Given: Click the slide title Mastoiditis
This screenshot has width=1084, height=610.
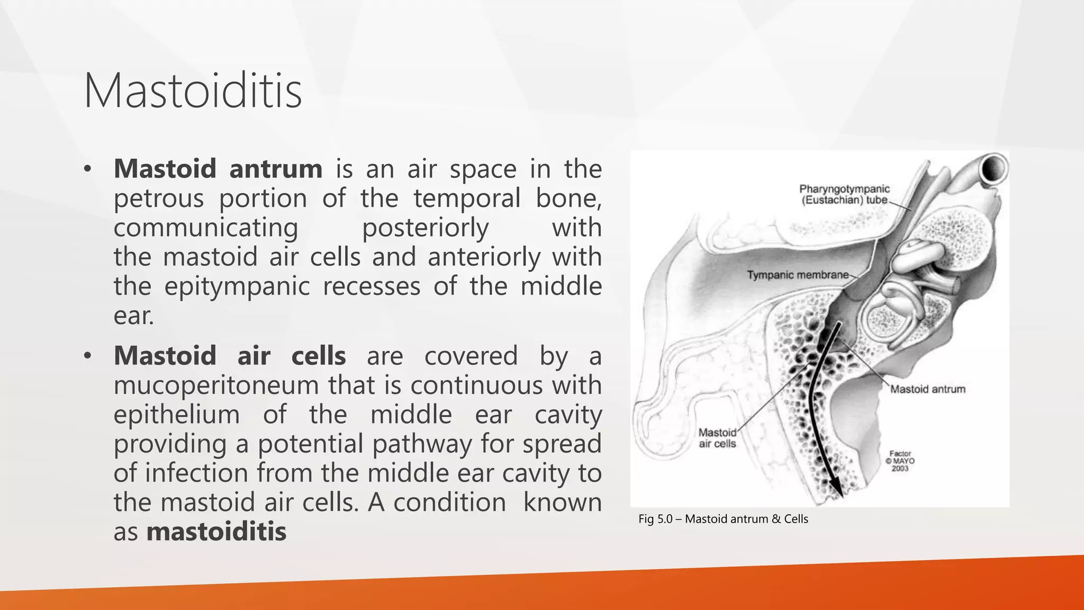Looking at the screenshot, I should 193,91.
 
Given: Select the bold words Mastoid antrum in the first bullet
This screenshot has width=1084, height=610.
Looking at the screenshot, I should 218,169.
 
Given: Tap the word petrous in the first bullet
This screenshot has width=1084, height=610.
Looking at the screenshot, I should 158,199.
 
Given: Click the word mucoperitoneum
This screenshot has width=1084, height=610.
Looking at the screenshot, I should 216,385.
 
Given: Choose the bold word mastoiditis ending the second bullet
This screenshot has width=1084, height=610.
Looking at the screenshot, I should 216,532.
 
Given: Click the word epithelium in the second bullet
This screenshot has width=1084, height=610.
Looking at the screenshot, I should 176,414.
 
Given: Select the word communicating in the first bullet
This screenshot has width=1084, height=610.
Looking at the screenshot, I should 206,228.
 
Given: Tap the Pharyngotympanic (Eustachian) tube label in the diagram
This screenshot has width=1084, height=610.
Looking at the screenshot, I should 844,194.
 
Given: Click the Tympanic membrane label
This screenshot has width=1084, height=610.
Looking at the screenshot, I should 797,275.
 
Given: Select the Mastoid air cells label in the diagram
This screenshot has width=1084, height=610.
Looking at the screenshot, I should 717,438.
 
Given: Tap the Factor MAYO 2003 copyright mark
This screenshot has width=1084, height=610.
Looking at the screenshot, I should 900,461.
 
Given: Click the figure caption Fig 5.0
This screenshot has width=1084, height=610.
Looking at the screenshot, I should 723,519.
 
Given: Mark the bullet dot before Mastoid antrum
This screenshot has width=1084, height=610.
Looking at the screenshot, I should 88,169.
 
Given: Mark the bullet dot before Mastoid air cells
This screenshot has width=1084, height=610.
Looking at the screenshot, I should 88,356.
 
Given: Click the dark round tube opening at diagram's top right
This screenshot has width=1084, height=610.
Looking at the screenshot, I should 992,169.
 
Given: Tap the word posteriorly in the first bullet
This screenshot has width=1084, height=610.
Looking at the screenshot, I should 425,228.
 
